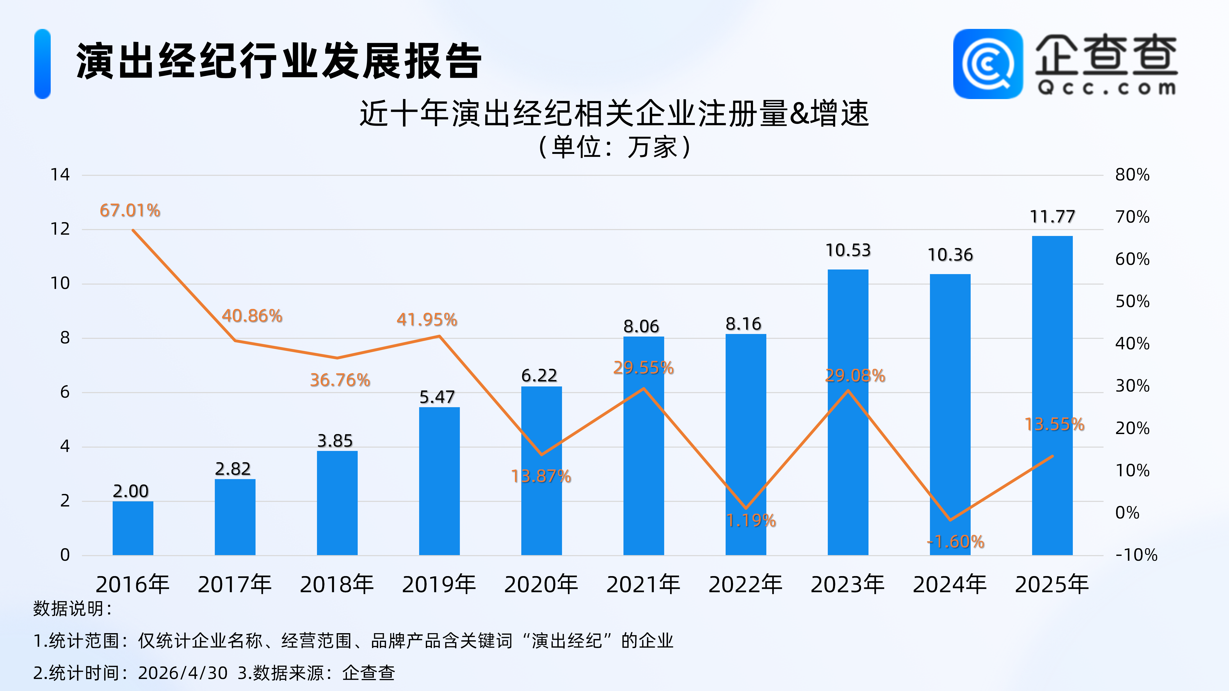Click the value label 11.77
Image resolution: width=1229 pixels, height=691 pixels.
(1052, 217)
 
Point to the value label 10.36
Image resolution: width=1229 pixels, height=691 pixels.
(950, 255)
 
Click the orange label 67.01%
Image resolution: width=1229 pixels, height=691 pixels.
(130, 210)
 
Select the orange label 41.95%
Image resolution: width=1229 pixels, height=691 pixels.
(427, 319)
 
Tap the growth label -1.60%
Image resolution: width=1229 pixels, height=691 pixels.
(956, 542)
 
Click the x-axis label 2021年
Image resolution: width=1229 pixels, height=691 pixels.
(643, 585)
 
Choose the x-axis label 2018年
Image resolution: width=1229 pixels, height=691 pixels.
(337, 585)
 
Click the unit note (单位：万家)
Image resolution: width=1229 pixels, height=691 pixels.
(614, 147)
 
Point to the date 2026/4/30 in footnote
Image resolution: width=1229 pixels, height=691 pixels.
(183, 673)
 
